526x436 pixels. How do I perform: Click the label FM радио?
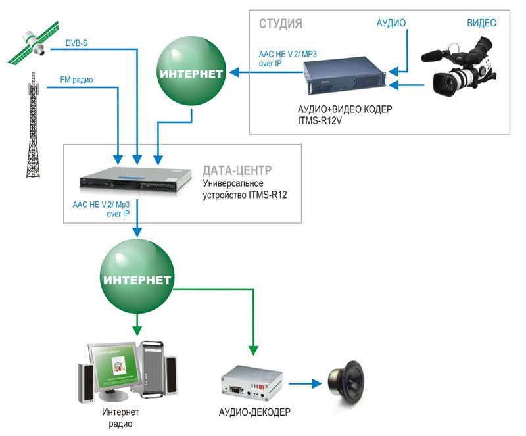(77, 80)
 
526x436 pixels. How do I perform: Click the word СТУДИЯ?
(280, 24)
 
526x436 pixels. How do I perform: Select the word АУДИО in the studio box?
(391, 23)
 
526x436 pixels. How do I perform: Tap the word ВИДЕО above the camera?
(481, 23)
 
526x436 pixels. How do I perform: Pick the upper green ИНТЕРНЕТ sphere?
(190, 72)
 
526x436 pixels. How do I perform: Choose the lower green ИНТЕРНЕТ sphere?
(137, 279)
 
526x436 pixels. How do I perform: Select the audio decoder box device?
(252, 384)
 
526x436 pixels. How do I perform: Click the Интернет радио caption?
(121, 418)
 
